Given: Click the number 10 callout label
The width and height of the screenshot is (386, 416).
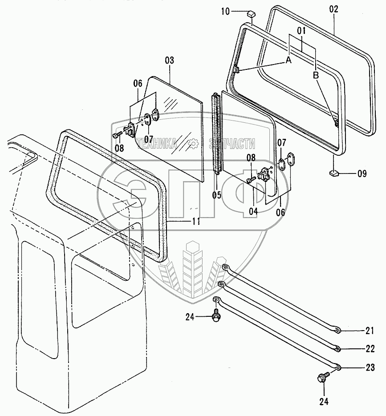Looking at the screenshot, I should point(225,12).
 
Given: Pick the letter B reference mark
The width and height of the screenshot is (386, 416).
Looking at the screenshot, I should point(316,75).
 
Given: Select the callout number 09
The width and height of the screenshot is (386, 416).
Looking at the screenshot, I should point(361,174).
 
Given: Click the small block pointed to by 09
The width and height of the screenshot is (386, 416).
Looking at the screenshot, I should point(334,171).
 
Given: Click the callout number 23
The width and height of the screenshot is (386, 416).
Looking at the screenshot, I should point(370,368).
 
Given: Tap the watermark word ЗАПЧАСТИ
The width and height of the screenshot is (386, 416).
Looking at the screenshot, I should point(232,143).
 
